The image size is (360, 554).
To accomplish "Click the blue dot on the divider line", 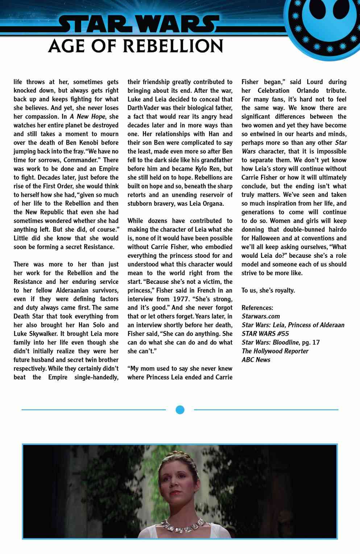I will point(180,410).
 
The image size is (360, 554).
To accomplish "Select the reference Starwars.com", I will point(261,316).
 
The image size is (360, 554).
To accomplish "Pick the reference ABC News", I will point(256,360).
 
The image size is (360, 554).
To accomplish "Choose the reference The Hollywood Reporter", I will point(275,351).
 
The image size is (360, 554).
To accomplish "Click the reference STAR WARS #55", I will point(265,334).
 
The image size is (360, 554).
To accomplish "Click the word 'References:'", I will point(257,307).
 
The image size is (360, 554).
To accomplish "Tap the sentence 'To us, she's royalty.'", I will point(268,290).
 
